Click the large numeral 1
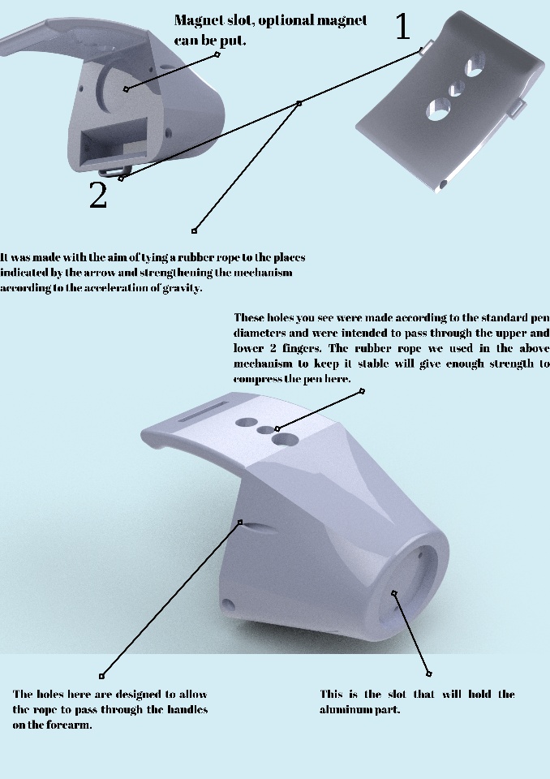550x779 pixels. point(403,26)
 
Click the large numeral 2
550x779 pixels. point(98,195)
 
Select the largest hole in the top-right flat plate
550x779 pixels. point(438,109)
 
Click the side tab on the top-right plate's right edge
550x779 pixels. point(517,107)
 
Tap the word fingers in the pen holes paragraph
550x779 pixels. point(301,348)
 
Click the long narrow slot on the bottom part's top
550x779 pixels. point(203,412)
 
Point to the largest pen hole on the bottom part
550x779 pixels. point(285,439)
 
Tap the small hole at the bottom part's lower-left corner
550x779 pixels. point(228,605)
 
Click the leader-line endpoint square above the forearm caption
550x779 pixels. point(102,676)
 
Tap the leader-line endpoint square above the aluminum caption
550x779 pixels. point(429,674)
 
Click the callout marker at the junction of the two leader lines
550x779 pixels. point(299,103)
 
